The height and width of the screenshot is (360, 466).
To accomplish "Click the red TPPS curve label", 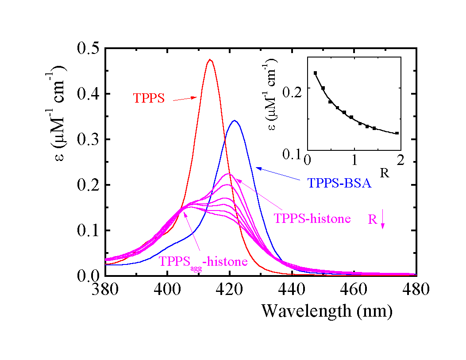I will click(x=149, y=98).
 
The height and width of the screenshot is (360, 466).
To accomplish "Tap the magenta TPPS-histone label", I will click(x=312, y=218).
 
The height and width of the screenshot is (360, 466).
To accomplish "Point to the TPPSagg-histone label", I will click(x=203, y=261).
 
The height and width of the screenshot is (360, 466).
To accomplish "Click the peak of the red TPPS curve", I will click(x=210, y=59).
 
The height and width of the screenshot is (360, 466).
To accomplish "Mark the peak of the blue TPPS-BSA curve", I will click(x=235, y=120).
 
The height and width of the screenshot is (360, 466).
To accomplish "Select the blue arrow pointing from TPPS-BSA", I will click(x=281, y=173).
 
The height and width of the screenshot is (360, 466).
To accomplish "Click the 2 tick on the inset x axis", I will click(x=401, y=160).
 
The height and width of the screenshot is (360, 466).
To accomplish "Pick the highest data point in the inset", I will click(x=315, y=73).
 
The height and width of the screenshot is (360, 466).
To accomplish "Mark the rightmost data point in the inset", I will click(x=397, y=133).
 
